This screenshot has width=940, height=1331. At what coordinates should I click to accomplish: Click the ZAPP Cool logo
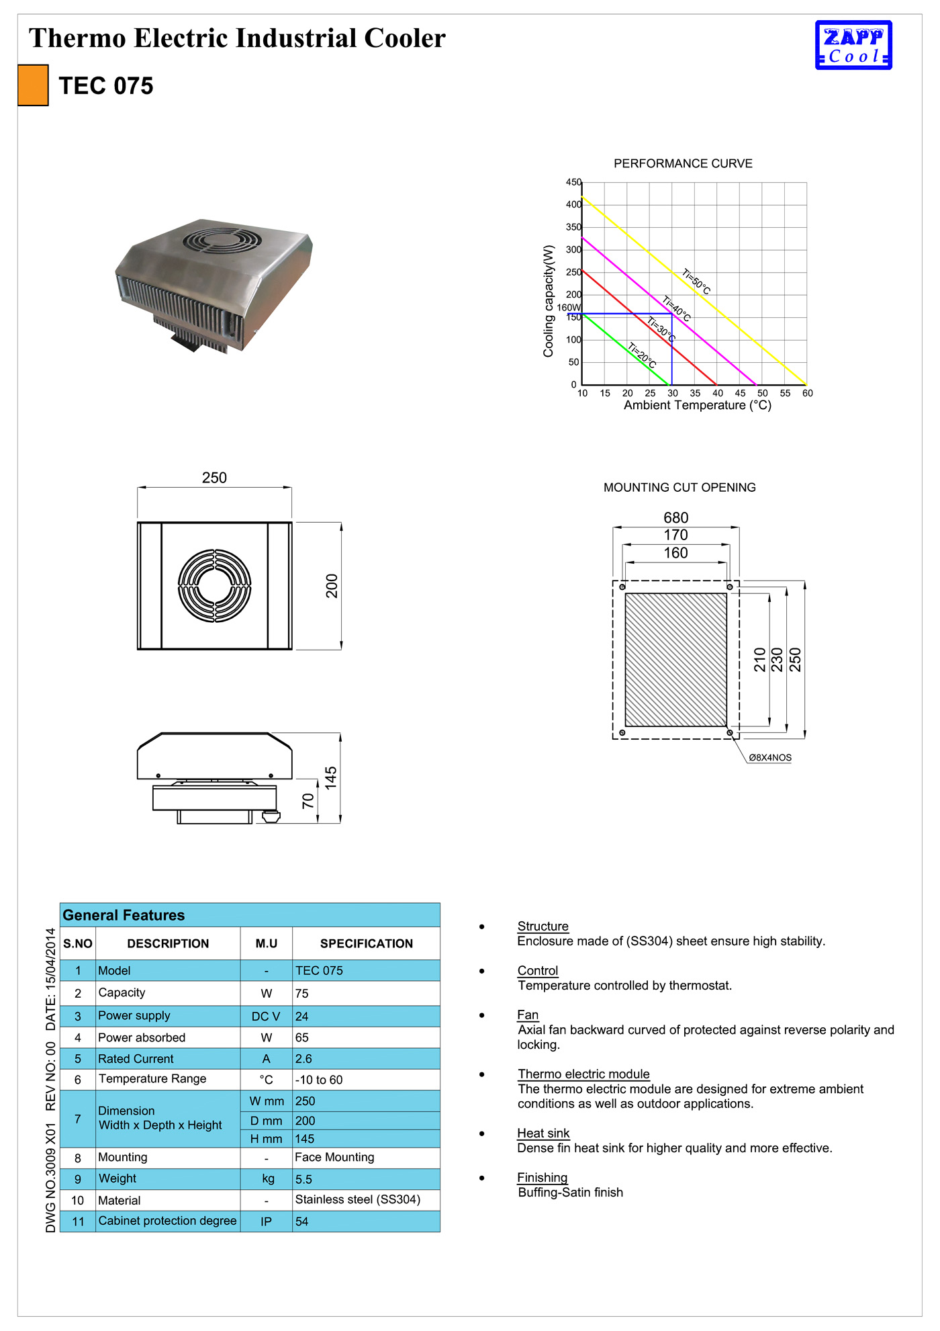tap(853, 45)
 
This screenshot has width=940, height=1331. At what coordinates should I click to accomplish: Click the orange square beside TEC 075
tap(33, 85)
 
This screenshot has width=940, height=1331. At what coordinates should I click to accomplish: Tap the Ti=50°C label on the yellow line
tap(696, 282)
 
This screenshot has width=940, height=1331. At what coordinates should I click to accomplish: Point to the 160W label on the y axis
tap(569, 308)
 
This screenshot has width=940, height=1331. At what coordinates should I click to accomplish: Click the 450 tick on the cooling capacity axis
tap(573, 182)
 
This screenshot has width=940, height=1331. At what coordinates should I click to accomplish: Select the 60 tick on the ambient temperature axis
tap(807, 393)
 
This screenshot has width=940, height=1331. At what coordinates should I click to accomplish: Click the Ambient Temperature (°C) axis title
tap(698, 405)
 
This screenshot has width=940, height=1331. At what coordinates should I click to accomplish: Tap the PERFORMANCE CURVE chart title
tap(683, 163)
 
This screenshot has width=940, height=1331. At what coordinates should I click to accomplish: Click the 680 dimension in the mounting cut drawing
tap(675, 517)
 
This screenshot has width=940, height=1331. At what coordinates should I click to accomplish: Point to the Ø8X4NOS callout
tap(770, 757)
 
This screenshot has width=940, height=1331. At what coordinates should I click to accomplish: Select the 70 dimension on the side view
tap(308, 801)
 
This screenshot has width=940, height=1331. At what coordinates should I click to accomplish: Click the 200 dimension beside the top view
tap(332, 586)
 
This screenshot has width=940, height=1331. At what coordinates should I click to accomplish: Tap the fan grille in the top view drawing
tap(214, 585)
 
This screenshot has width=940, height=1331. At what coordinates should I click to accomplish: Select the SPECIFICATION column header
tap(366, 943)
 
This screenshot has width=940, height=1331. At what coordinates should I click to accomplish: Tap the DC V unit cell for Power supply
tap(266, 1017)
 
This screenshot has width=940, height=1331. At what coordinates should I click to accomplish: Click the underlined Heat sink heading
tap(543, 1133)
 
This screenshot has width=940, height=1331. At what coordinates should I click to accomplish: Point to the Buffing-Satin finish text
tap(571, 1193)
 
